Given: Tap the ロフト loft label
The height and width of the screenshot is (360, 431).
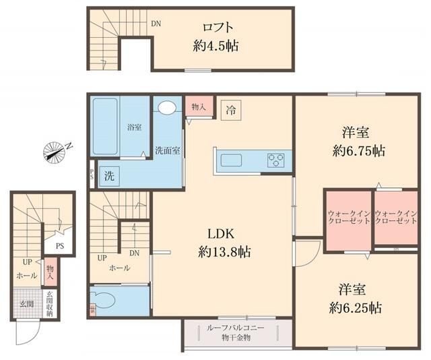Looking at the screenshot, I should click(218, 28).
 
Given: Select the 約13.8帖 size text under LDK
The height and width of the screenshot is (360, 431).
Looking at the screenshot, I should click(224, 252).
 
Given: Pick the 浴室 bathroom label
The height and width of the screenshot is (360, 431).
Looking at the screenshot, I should click(134, 127).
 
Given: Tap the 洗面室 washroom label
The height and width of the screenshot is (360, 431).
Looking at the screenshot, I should click(166, 150).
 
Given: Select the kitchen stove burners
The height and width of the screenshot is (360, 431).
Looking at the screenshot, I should click(275, 160).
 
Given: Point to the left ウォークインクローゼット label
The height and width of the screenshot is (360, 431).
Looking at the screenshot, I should click(347, 217).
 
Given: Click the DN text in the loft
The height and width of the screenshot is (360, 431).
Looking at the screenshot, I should click(156, 24).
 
